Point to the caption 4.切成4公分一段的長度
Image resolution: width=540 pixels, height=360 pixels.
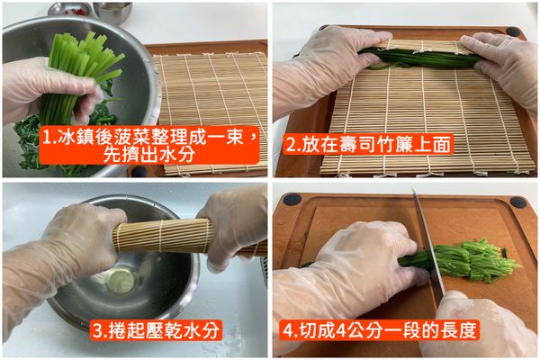pos(379,329)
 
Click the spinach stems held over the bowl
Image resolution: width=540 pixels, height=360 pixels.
pos(85,63)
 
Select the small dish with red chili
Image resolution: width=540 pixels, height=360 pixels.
pos(73,10)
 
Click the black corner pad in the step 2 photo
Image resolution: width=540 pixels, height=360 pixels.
pos(513,31)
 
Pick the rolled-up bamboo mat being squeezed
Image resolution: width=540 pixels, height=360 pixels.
pos(162,236)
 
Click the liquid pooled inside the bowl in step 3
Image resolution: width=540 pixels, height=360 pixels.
pos(121,281)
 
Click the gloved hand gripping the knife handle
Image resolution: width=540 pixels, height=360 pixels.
pos(486,324)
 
